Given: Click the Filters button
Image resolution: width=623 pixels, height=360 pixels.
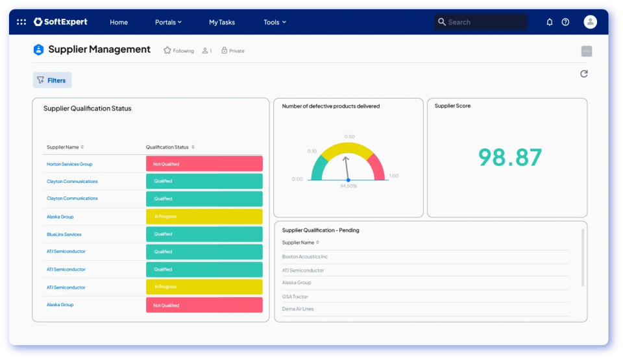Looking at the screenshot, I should click(52, 80).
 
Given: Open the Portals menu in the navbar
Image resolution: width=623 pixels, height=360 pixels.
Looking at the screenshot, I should click(168, 22).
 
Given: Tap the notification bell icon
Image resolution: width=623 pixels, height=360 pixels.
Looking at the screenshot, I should click(550, 22).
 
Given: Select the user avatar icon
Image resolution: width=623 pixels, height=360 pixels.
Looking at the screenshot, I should click(590, 22).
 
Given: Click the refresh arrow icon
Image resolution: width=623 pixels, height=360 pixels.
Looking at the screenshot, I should click(584, 74).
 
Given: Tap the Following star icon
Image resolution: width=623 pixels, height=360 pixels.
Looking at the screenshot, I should click(167, 51).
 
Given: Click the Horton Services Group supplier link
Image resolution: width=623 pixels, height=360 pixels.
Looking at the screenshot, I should click(69, 164).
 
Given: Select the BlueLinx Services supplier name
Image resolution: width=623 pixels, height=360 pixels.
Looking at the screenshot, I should click(64, 234).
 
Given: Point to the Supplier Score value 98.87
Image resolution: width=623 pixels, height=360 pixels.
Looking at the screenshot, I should click(510, 158).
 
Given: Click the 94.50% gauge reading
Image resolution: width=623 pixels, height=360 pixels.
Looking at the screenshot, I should click(348, 186).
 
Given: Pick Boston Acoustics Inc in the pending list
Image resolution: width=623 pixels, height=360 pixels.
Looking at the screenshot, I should click(305, 257).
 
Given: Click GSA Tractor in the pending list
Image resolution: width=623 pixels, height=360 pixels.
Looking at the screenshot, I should click(295, 296).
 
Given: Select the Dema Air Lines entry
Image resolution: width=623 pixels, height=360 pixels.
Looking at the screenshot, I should click(298, 309).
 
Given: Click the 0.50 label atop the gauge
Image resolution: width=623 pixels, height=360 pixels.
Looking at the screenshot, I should click(350, 137).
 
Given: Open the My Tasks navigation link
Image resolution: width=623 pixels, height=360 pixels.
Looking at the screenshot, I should click(222, 22).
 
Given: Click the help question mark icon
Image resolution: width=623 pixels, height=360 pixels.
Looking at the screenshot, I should click(565, 22).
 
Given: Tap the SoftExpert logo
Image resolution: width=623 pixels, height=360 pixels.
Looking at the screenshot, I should click(60, 22).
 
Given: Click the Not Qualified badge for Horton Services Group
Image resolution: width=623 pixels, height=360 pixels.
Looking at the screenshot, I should click(204, 164).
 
